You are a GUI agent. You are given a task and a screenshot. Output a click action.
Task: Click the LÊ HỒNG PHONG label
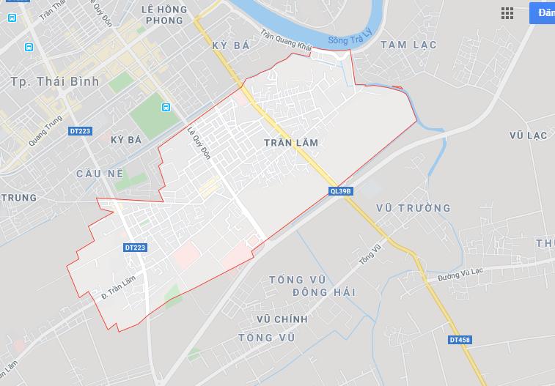(x=163, y=15)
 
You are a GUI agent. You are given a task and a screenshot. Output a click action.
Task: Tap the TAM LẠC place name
(x=408, y=45)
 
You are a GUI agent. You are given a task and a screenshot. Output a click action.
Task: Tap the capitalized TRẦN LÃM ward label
(x=291, y=143)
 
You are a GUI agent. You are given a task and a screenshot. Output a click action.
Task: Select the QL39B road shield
(x=341, y=191)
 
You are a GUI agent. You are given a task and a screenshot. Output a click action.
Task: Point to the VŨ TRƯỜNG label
(x=413, y=208)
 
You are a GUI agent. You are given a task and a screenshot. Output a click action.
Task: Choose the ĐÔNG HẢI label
(x=323, y=292)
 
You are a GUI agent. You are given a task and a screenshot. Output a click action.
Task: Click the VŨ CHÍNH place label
(x=282, y=319)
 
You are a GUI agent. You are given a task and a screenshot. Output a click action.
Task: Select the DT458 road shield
(x=460, y=341)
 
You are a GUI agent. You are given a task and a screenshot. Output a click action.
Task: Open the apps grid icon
(x=507, y=13)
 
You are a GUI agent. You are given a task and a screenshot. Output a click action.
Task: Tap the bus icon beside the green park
(x=166, y=108)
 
